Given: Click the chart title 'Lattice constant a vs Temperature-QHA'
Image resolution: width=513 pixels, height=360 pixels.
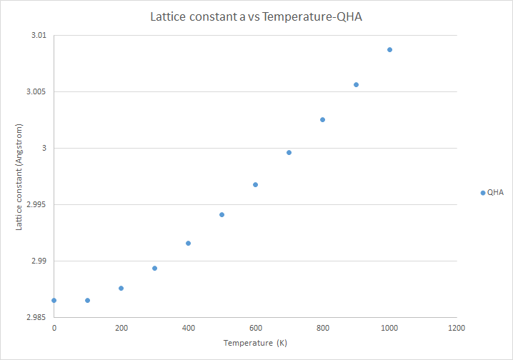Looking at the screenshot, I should (256, 16).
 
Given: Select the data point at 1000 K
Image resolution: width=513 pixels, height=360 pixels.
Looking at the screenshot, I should (389, 49).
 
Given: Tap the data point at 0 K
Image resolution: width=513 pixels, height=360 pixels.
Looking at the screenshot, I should (54, 300).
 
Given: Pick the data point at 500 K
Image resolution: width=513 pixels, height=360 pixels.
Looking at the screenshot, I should (221, 214).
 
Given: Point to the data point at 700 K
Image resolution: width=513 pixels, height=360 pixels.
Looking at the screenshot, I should (289, 152).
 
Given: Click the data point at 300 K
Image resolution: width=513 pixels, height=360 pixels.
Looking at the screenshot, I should (154, 268).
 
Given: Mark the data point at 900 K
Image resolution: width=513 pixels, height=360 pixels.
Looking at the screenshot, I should (356, 84).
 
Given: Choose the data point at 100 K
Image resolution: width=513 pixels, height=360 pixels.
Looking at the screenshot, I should (87, 300).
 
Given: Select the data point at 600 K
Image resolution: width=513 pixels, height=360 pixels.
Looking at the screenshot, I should (255, 184).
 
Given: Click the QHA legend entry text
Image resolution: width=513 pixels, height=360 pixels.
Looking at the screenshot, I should (495, 192).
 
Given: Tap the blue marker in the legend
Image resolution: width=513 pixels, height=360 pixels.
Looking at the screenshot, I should (483, 192).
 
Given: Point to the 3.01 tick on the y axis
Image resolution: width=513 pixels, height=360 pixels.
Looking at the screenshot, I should (36, 36).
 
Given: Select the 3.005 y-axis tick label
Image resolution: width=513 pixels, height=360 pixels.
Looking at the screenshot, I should (34, 92).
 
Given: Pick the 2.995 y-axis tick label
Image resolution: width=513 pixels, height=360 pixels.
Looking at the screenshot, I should (34, 204).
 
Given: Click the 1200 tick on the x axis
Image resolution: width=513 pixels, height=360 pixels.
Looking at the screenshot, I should (457, 328).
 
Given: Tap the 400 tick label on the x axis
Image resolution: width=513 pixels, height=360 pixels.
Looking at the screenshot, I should (188, 328).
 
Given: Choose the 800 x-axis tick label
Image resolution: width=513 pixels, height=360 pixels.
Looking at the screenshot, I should (322, 328).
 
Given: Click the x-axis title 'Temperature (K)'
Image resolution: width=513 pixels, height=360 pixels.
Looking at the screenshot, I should (255, 344).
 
